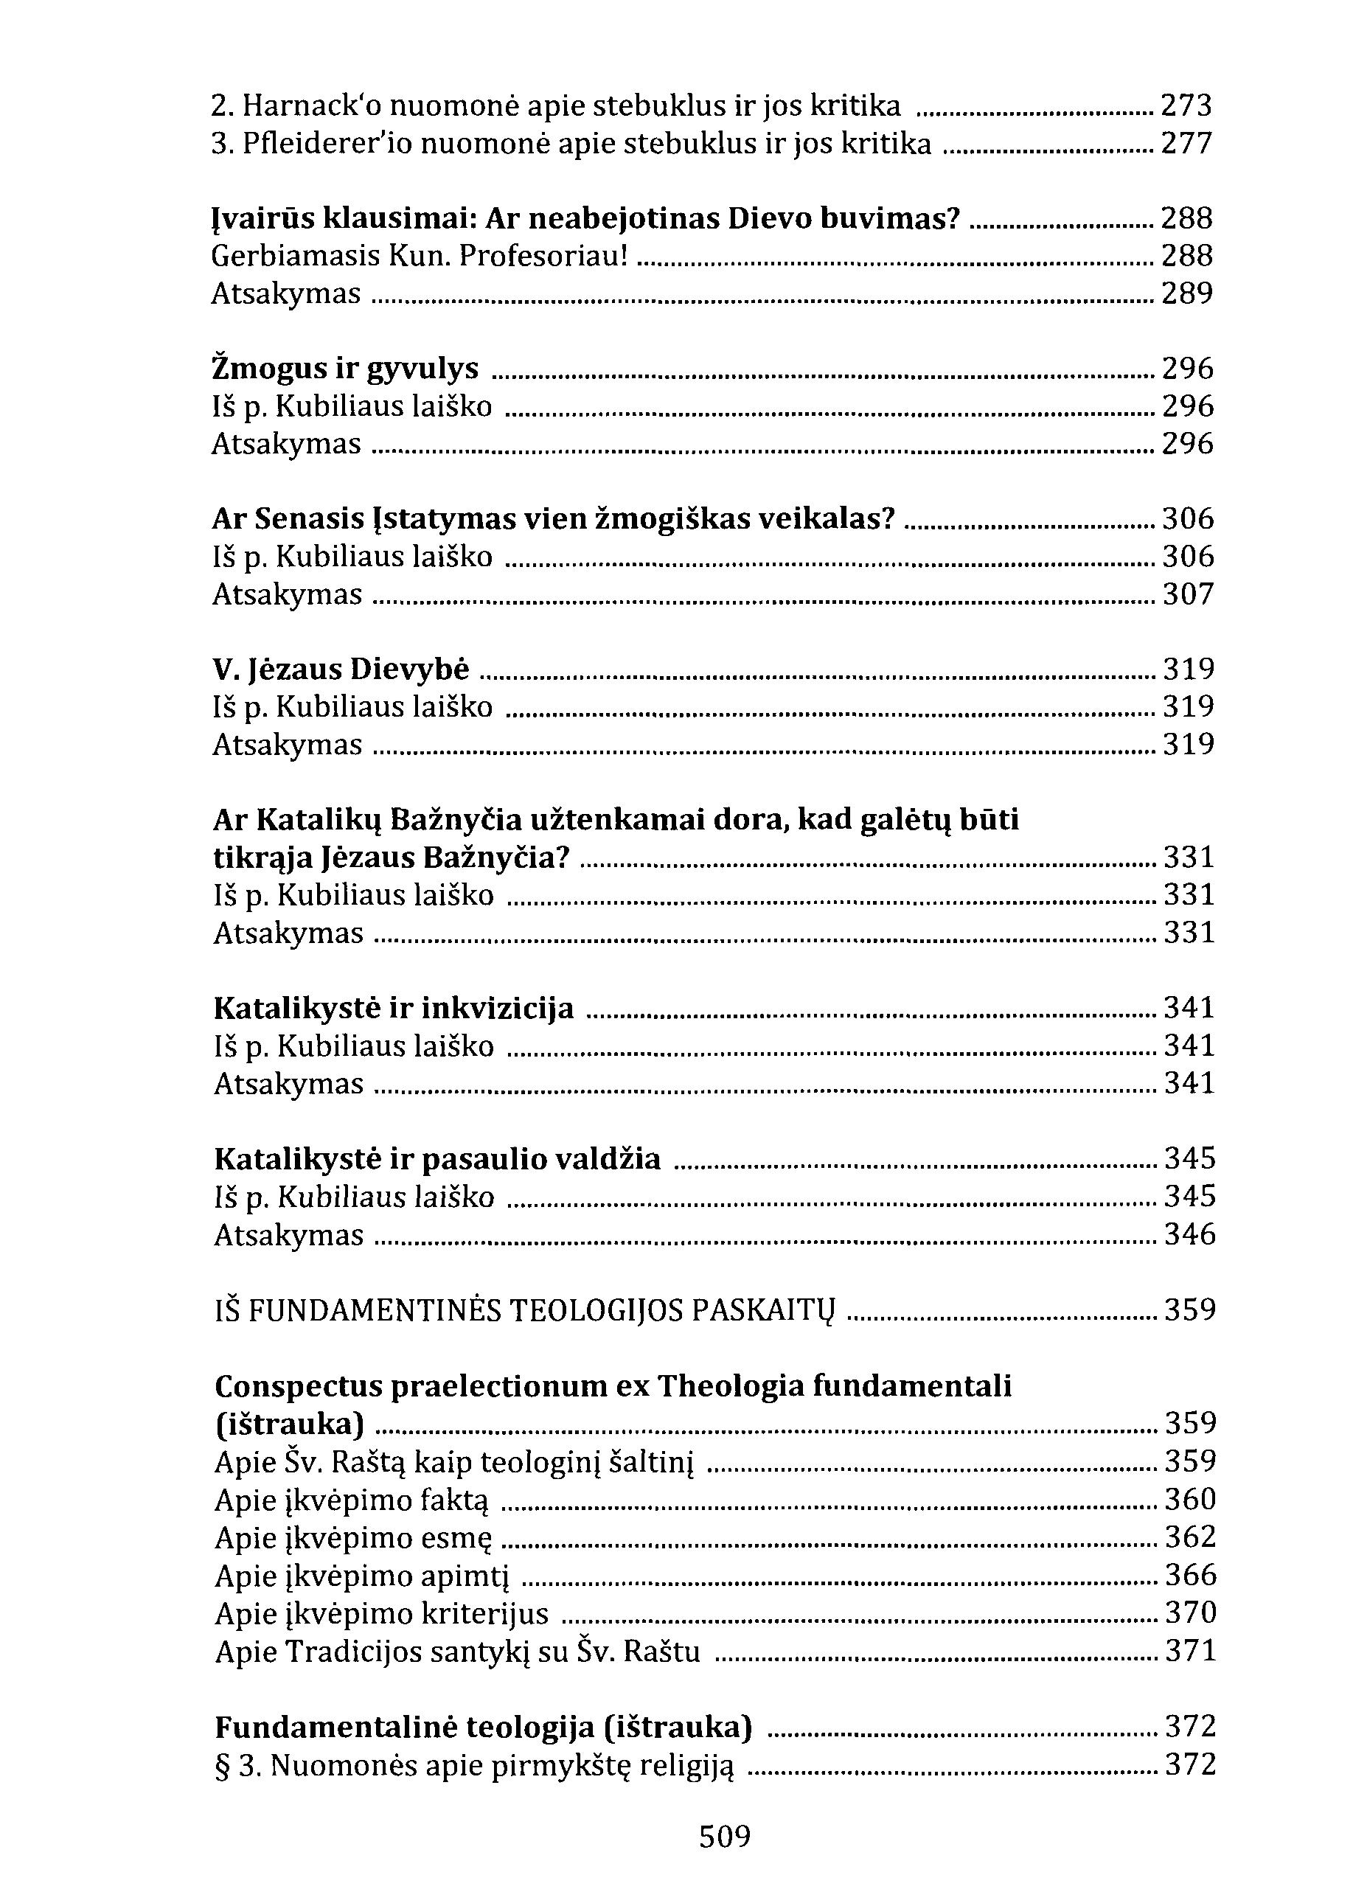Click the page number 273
[x=1187, y=107]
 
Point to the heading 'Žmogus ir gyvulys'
[x=346, y=368]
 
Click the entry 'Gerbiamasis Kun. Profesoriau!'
[x=419, y=256]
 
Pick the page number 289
[x=1187, y=293]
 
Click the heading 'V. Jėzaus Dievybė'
[x=341, y=669]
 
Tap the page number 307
[x=1188, y=594]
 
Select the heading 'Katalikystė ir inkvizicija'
[x=394, y=1008]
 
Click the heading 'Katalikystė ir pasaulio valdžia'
[x=437, y=1158]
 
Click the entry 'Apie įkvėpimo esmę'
[x=354, y=1537]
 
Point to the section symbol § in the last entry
[x=223, y=1765]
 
